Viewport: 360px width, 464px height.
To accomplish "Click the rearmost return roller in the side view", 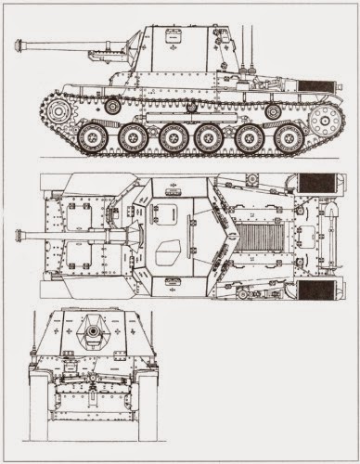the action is coord(273,111).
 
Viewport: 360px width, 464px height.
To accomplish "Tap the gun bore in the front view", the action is coord(94,329).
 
